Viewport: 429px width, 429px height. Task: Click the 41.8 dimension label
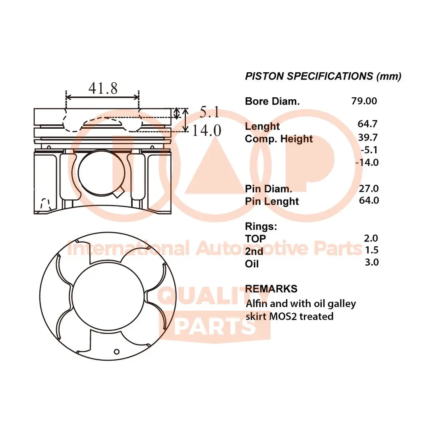tap(103, 88)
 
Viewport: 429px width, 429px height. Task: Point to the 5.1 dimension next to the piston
tap(209, 113)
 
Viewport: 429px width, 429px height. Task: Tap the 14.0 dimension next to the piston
tap(207, 130)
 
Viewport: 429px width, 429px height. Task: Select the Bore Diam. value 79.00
tap(364, 101)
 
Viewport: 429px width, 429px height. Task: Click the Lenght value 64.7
tap(367, 124)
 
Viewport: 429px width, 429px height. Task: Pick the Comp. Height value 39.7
tap(367, 137)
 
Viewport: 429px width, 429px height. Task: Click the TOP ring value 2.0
tap(371, 238)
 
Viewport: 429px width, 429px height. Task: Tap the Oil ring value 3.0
tap(371, 262)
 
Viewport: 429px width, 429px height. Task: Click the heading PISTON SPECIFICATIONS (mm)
tap(323, 76)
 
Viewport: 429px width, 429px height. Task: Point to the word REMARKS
tap(271, 288)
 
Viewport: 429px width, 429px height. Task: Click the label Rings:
tap(261, 226)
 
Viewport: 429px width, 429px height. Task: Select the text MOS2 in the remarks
tap(283, 316)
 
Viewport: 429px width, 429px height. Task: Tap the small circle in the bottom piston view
tap(116, 351)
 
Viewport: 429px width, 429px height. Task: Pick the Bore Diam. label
tap(272, 101)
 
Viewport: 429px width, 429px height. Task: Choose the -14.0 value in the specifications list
tap(367, 162)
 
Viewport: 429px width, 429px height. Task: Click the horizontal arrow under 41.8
tap(102, 97)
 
